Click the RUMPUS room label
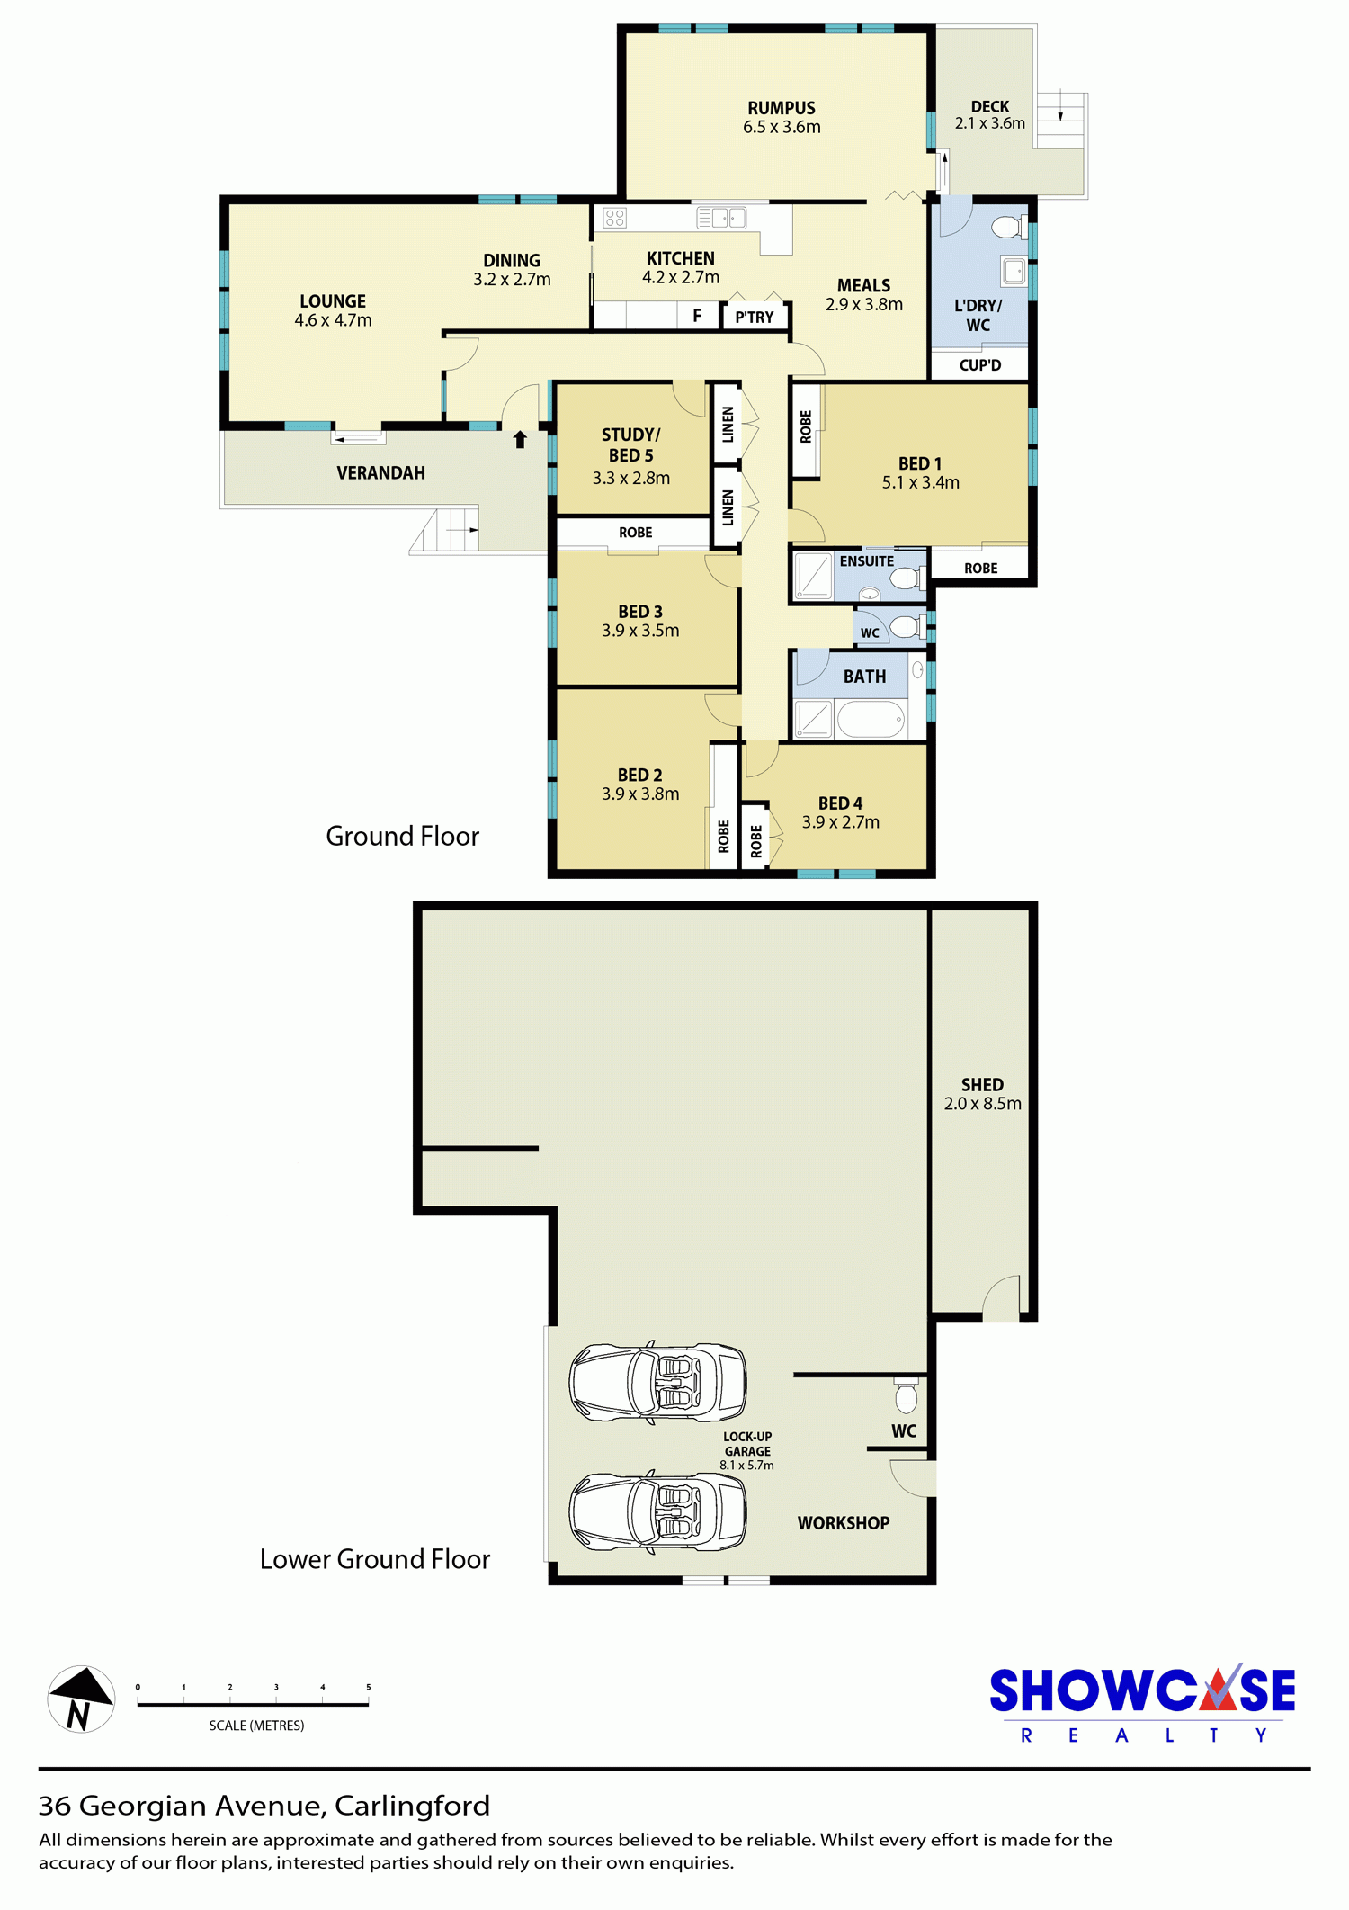click(x=782, y=108)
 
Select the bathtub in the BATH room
click(x=870, y=719)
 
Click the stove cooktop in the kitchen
click(x=615, y=217)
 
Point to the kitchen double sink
click(x=722, y=217)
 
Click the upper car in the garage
click(x=657, y=1383)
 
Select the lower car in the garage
click(x=657, y=1512)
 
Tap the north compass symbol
click(x=81, y=1699)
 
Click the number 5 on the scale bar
click(x=368, y=1687)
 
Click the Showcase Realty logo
click(x=1142, y=1704)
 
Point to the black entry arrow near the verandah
click(x=520, y=439)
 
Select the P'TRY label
click(x=754, y=317)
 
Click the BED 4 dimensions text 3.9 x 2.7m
click(x=841, y=822)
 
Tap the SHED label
click(x=982, y=1085)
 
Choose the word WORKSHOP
click(x=844, y=1523)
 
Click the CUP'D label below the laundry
click(x=979, y=365)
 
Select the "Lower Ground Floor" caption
click(x=375, y=1559)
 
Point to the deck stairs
click(x=1061, y=121)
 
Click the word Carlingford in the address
click(x=412, y=1806)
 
